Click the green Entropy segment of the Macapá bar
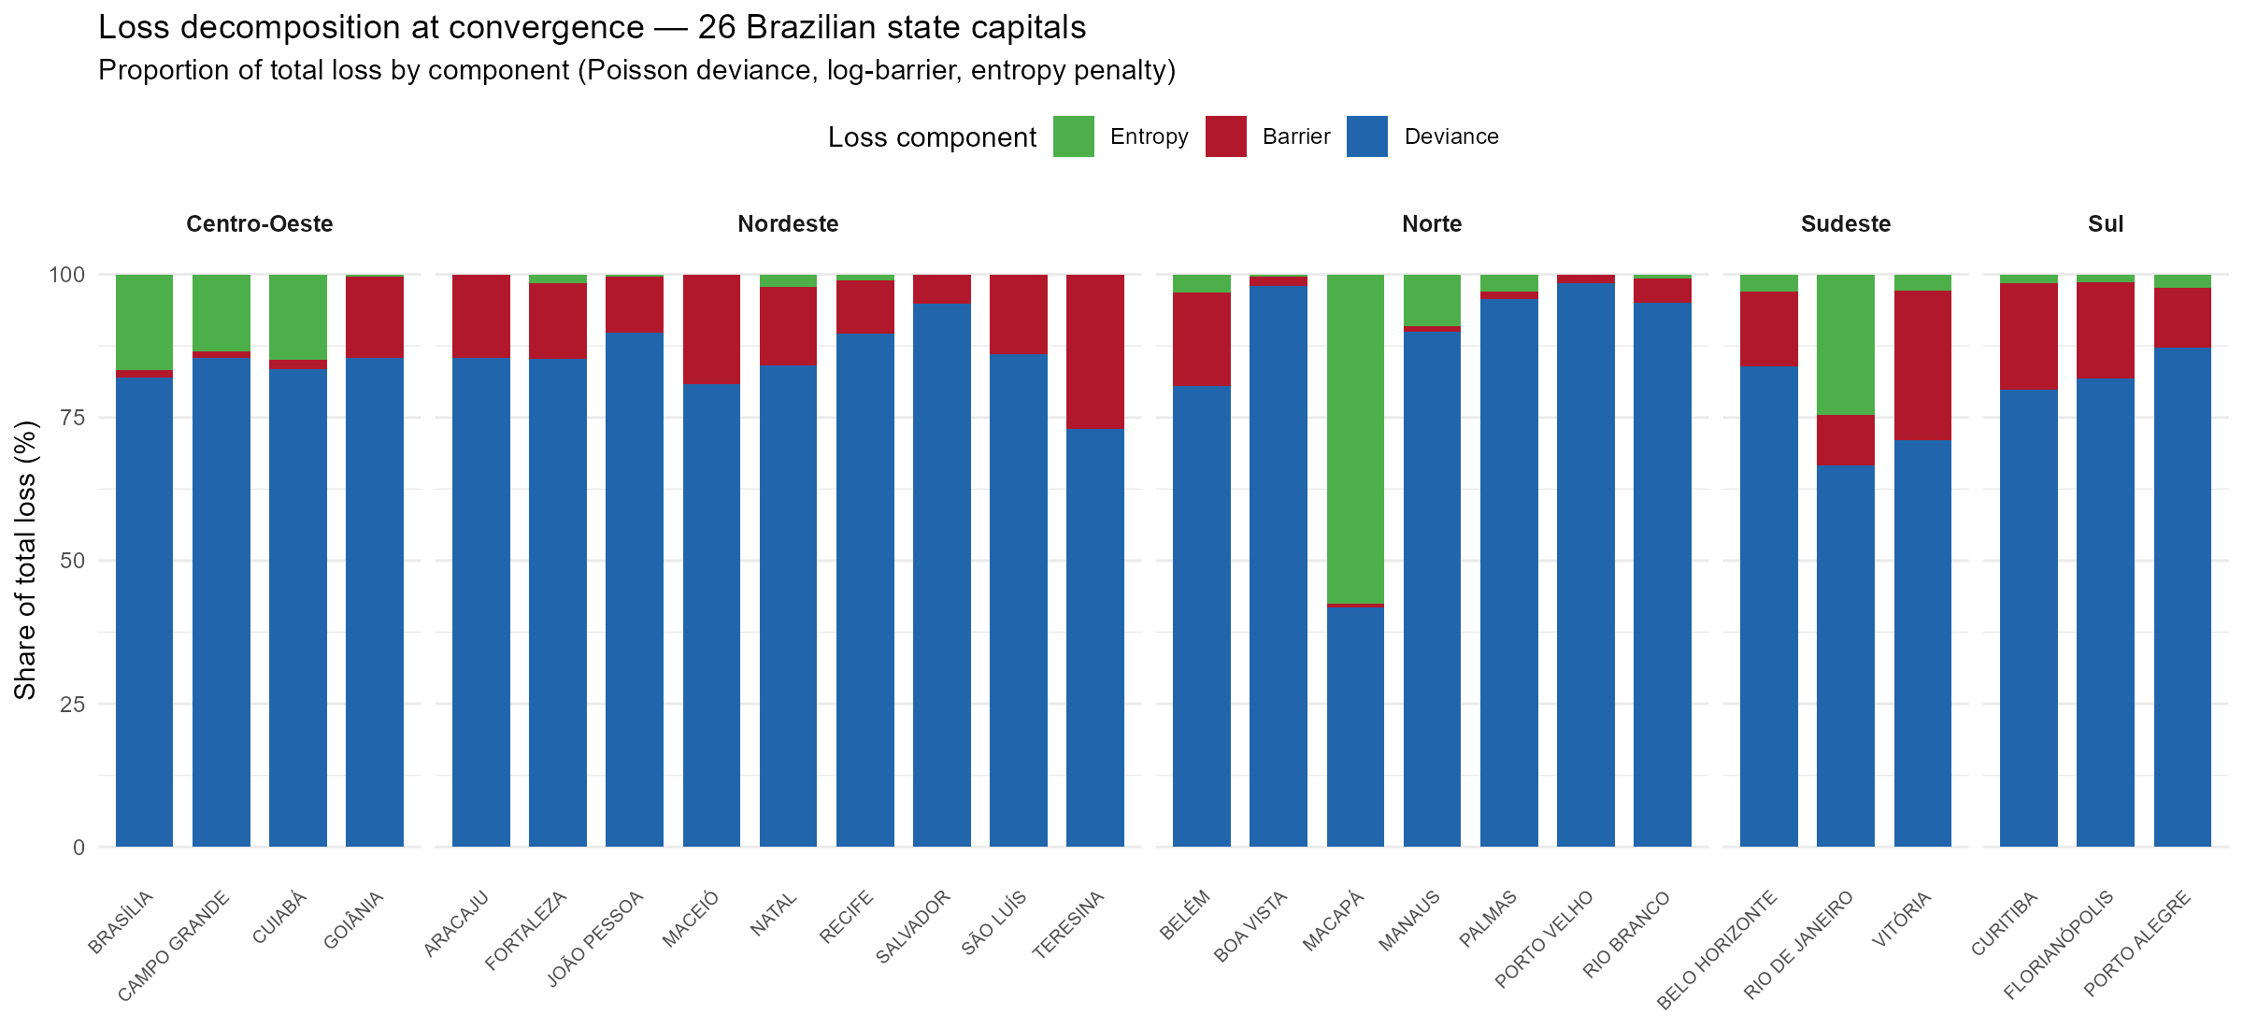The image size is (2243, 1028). [1355, 439]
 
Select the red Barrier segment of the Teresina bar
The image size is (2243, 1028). [1095, 352]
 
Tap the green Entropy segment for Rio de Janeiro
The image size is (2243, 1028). [1846, 345]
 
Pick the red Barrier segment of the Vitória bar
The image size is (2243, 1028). [1922, 365]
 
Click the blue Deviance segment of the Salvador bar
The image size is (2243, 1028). [942, 575]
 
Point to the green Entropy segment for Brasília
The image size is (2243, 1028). [144, 322]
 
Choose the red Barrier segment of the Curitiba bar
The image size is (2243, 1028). [2029, 336]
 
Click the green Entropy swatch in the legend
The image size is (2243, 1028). [1073, 136]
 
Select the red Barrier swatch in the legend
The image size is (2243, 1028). [1225, 136]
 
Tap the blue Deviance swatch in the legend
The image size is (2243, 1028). [1367, 136]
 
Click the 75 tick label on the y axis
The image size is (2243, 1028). [72, 418]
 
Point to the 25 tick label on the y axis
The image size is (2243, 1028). [72, 704]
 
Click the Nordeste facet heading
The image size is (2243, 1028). [788, 224]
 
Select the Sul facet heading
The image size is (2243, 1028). [2106, 224]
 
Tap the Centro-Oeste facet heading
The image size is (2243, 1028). [260, 224]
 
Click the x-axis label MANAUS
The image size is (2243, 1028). [1409, 921]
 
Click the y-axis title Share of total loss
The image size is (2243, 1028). [25, 560]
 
